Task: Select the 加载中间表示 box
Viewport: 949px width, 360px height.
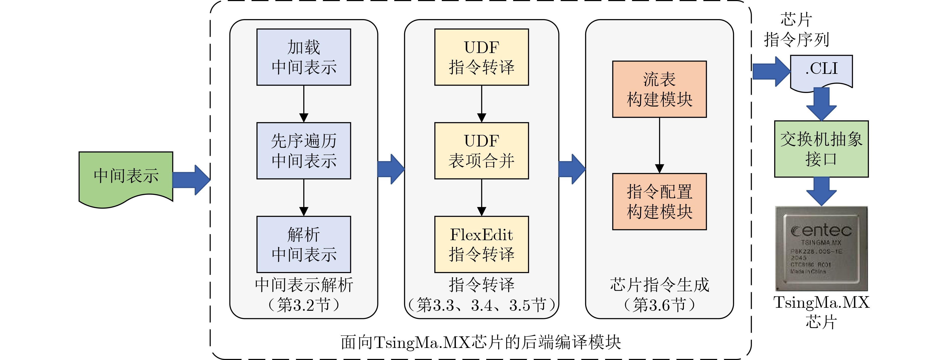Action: [304, 57]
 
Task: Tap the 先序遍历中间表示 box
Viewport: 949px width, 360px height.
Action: [304, 151]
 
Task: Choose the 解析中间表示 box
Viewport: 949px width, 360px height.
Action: [304, 244]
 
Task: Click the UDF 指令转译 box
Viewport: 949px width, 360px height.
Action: [482, 57]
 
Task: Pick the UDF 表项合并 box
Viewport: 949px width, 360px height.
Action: [482, 151]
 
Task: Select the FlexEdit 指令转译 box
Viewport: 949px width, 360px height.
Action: [482, 244]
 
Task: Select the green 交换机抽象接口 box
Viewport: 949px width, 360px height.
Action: [821, 149]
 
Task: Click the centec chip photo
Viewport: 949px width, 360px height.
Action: [821, 249]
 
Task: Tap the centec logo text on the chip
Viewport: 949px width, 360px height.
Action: [821, 231]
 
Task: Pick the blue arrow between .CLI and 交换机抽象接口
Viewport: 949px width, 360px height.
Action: [821, 104]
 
